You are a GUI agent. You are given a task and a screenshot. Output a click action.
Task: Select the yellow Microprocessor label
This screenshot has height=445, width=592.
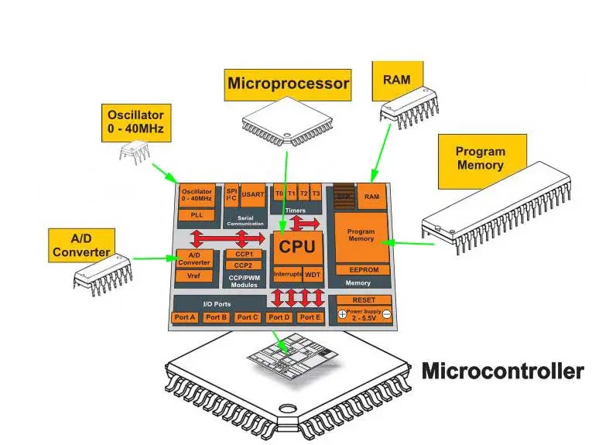pos(288,83)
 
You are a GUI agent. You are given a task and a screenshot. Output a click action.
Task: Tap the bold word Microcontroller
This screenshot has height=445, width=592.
pos(502,371)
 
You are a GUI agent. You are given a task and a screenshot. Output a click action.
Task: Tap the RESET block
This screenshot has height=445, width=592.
pos(363,300)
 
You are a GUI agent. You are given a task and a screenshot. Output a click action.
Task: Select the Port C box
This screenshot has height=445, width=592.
pos(248,317)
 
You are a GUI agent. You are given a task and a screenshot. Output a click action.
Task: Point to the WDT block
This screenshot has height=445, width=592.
pos(313,275)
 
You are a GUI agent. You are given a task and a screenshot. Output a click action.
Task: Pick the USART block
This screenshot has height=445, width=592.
pos(253,194)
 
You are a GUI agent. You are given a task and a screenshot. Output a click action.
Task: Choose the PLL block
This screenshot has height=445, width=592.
pos(196,214)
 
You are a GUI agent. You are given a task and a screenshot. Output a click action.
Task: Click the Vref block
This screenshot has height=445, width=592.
pos(195,276)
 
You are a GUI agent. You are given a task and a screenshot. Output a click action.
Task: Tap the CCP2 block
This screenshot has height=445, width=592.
pos(244,265)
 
